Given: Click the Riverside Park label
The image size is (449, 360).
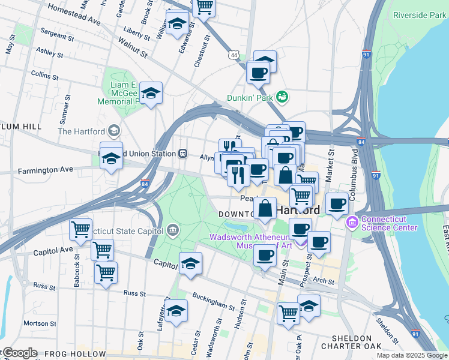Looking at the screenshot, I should click(x=419, y=15).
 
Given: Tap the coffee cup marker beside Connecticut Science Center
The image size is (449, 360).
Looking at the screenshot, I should click(x=337, y=203).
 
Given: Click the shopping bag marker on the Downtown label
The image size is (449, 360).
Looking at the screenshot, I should click(x=265, y=209).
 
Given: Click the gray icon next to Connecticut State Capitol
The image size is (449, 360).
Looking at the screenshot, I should click(x=173, y=229).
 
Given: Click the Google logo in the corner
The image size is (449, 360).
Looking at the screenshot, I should click(x=20, y=353).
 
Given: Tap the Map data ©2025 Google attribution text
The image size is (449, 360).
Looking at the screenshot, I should click(x=411, y=355).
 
